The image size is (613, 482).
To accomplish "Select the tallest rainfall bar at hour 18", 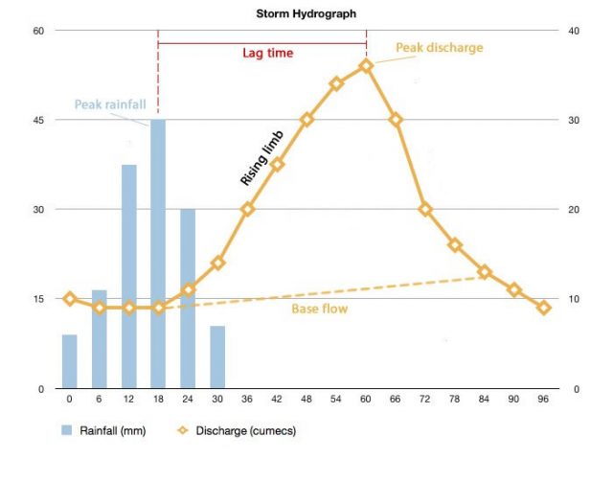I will pyautogui.click(x=158, y=254).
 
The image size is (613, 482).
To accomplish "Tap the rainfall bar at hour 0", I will pyautogui.click(x=69, y=361).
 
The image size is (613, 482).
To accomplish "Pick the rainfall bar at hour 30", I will pyautogui.click(x=217, y=357).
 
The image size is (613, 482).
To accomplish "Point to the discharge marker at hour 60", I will pyautogui.click(x=366, y=65).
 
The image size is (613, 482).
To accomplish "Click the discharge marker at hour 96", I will pyautogui.click(x=544, y=308).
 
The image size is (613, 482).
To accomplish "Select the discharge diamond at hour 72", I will pyautogui.click(x=425, y=209).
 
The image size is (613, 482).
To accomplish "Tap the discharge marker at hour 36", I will pyautogui.click(x=247, y=209).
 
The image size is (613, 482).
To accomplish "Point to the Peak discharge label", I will pyautogui.click(x=440, y=47).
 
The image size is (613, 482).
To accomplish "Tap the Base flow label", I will pyautogui.click(x=319, y=310).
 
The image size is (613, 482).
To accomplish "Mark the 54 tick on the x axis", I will pyautogui.click(x=336, y=397).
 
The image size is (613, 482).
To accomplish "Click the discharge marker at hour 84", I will pyautogui.click(x=485, y=272).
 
